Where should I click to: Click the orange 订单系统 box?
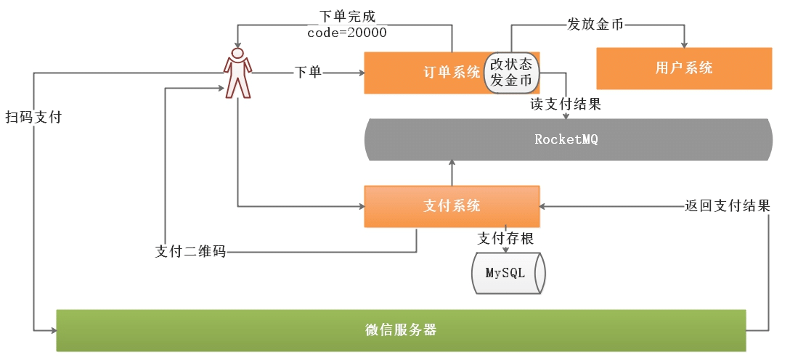click(x=425, y=72)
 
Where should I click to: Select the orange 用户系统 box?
click(x=683, y=68)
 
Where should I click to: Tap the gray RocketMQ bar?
click(x=566, y=139)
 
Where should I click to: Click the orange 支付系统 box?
click(x=452, y=205)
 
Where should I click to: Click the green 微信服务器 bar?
click(x=401, y=330)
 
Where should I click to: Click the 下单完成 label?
click(x=347, y=16)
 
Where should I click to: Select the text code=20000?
click(x=347, y=33)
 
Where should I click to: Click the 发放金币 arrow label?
click(x=594, y=24)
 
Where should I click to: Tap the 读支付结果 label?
click(x=565, y=104)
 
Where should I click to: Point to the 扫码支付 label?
click(x=33, y=117)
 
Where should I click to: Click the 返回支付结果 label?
click(x=727, y=205)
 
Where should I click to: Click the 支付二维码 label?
click(x=190, y=252)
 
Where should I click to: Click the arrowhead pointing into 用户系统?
click(x=683, y=45)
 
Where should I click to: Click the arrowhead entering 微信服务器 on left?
click(x=52, y=330)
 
